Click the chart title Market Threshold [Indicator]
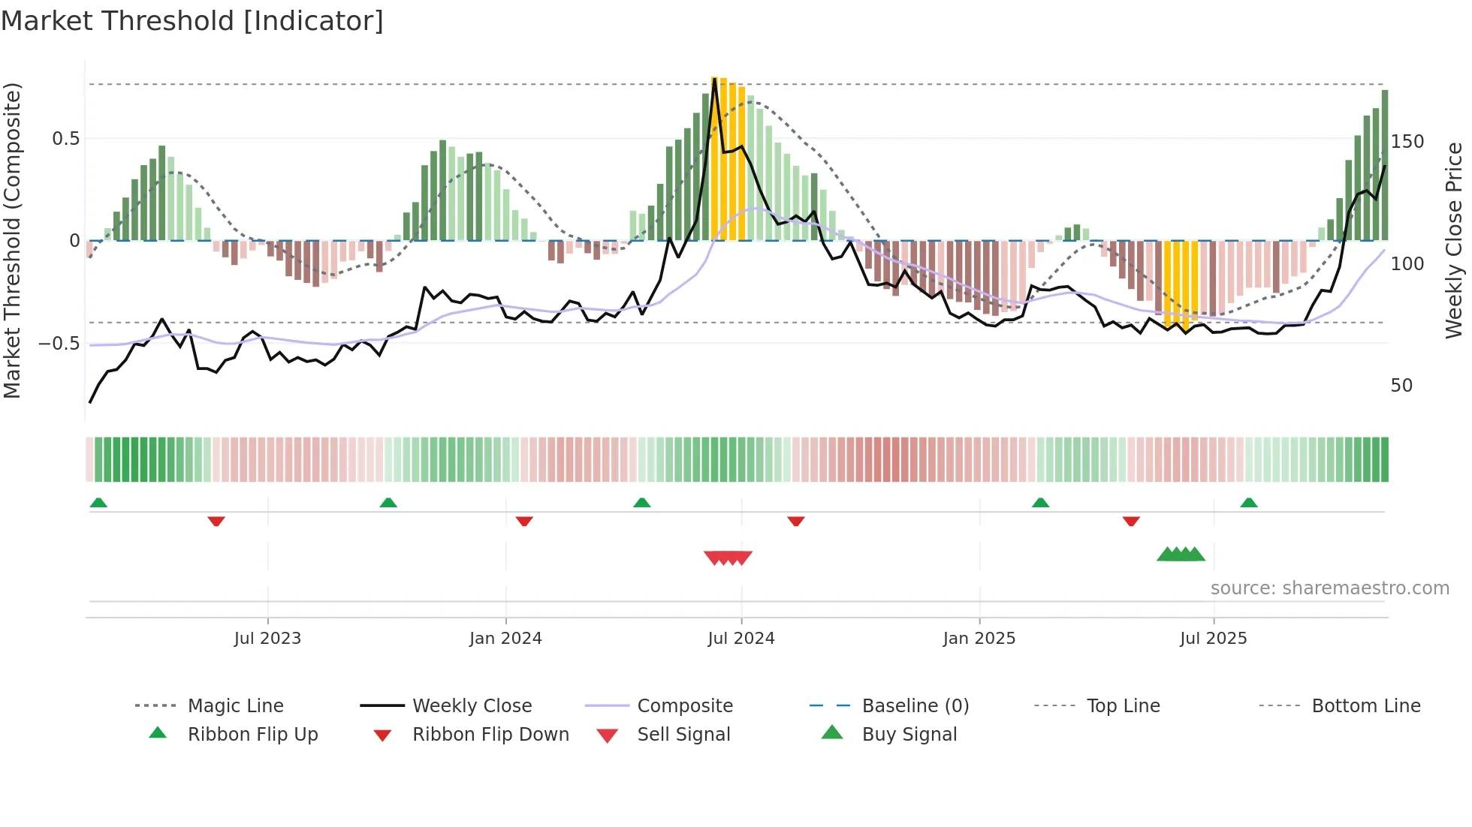192,21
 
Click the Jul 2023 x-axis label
267,639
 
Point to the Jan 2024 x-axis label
505,639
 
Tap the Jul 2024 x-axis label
741,639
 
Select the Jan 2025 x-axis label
979,639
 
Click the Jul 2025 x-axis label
1213,639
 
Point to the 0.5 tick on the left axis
66,139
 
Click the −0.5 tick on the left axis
59,344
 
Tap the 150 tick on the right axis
1407,142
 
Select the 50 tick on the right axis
1401,386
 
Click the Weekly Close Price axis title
1454,240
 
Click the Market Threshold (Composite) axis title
12,240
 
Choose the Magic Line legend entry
235,706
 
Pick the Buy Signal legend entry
909,735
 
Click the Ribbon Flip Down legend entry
490,735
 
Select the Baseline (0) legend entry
915,706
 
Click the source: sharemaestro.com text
1329,588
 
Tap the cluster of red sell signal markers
728,558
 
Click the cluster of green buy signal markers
1181,555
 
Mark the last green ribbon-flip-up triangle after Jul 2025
1248,503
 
